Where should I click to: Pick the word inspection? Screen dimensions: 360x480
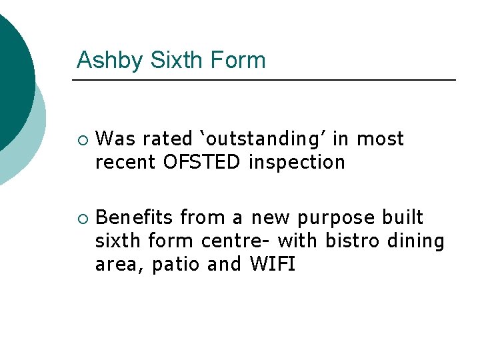coord(297,162)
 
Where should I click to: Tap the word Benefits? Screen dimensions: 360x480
coord(135,218)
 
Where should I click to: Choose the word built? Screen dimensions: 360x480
coord(403,218)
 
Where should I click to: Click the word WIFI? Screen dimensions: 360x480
coord(272,264)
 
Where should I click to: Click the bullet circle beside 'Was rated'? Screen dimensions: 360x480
coord(81,140)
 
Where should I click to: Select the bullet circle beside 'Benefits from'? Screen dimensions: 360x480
coord(81,219)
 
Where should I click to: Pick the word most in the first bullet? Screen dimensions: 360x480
coord(380,139)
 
